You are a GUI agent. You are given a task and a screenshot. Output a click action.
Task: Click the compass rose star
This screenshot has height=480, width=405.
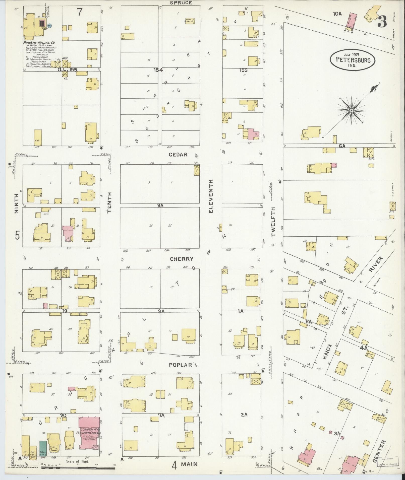pyautogui.click(x=351, y=110)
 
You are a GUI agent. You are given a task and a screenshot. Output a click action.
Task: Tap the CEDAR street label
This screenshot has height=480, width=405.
pyautogui.click(x=178, y=155)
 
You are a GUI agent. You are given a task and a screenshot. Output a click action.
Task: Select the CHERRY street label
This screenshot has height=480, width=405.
pyautogui.click(x=182, y=259)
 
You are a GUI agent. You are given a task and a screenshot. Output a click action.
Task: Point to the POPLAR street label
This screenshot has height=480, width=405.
pyautogui.click(x=180, y=365)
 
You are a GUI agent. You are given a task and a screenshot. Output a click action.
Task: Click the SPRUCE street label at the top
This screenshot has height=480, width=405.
pyautogui.click(x=181, y=3)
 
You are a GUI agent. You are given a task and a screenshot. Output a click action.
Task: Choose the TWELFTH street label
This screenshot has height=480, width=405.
pyautogui.click(x=273, y=222)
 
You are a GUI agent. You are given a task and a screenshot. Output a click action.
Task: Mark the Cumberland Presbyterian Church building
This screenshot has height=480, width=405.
pyautogui.click(x=90, y=436)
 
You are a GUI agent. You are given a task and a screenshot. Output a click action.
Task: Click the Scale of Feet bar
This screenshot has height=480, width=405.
pyautogui.click(x=78, y=467)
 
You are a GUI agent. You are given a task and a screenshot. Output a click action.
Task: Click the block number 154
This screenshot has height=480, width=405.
pyautogui.click(x=158, y=70)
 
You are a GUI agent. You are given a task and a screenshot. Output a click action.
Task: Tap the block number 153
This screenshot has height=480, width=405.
pyautogui.click(x=243, y=70)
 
